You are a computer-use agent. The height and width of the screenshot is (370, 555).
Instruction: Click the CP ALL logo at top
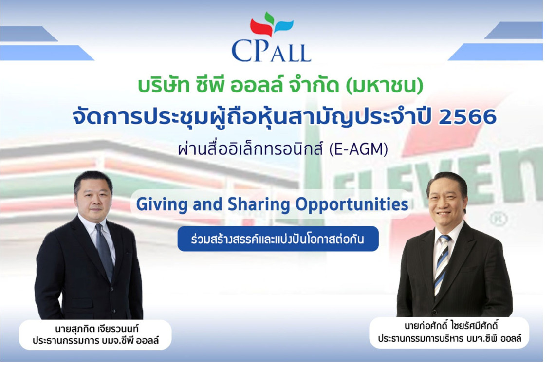point(271,39)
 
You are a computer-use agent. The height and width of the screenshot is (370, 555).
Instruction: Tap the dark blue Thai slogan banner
point(277,239)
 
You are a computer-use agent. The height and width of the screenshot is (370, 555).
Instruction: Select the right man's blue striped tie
point(442,263)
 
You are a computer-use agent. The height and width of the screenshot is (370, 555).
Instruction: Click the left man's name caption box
point(95,334)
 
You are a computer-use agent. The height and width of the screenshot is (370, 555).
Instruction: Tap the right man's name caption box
point(449,332)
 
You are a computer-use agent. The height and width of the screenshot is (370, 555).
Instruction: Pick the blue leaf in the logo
point(284,25)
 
